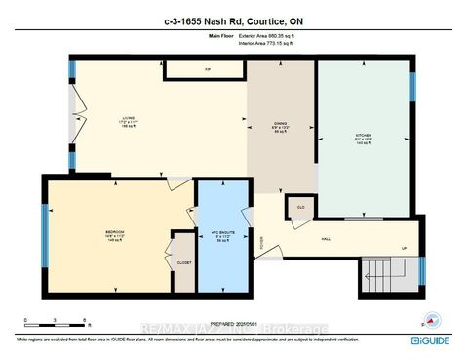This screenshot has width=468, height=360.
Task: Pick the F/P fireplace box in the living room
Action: (x=208, y=70)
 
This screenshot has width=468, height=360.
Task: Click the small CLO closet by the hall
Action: (x=300, y=208)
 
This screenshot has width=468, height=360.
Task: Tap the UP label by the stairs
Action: (x=405, y=248)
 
